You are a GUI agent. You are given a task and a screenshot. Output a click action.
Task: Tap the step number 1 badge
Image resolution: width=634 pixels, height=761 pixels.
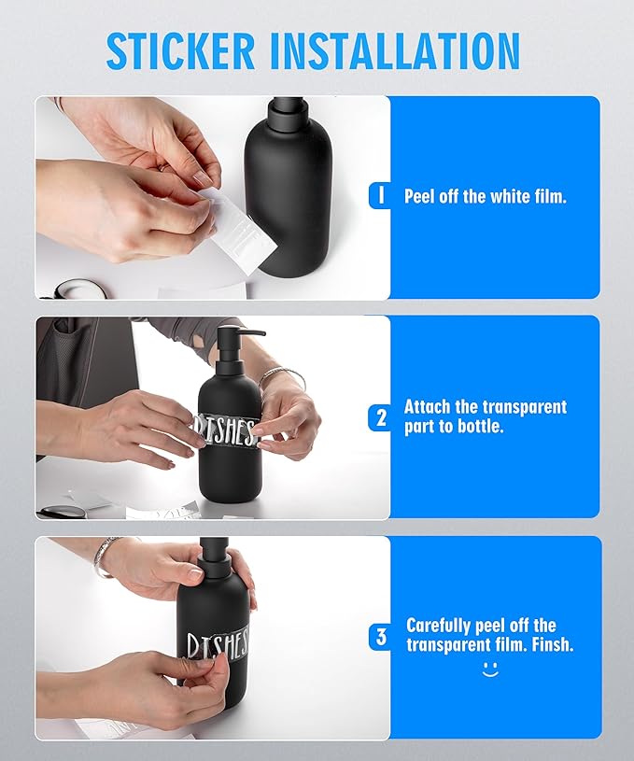point(380,196)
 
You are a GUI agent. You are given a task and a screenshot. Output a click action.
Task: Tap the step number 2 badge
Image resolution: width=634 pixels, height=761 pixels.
point(380,417)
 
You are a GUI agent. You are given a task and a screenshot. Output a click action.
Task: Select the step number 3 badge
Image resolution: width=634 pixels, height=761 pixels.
point(380,637)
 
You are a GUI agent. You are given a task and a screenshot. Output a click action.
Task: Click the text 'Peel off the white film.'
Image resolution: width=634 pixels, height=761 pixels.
point(485,197)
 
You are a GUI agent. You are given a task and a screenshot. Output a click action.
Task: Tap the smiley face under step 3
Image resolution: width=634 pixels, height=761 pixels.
point(490,669)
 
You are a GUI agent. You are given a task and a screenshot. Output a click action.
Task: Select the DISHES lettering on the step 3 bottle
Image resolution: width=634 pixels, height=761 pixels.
point(218,644)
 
